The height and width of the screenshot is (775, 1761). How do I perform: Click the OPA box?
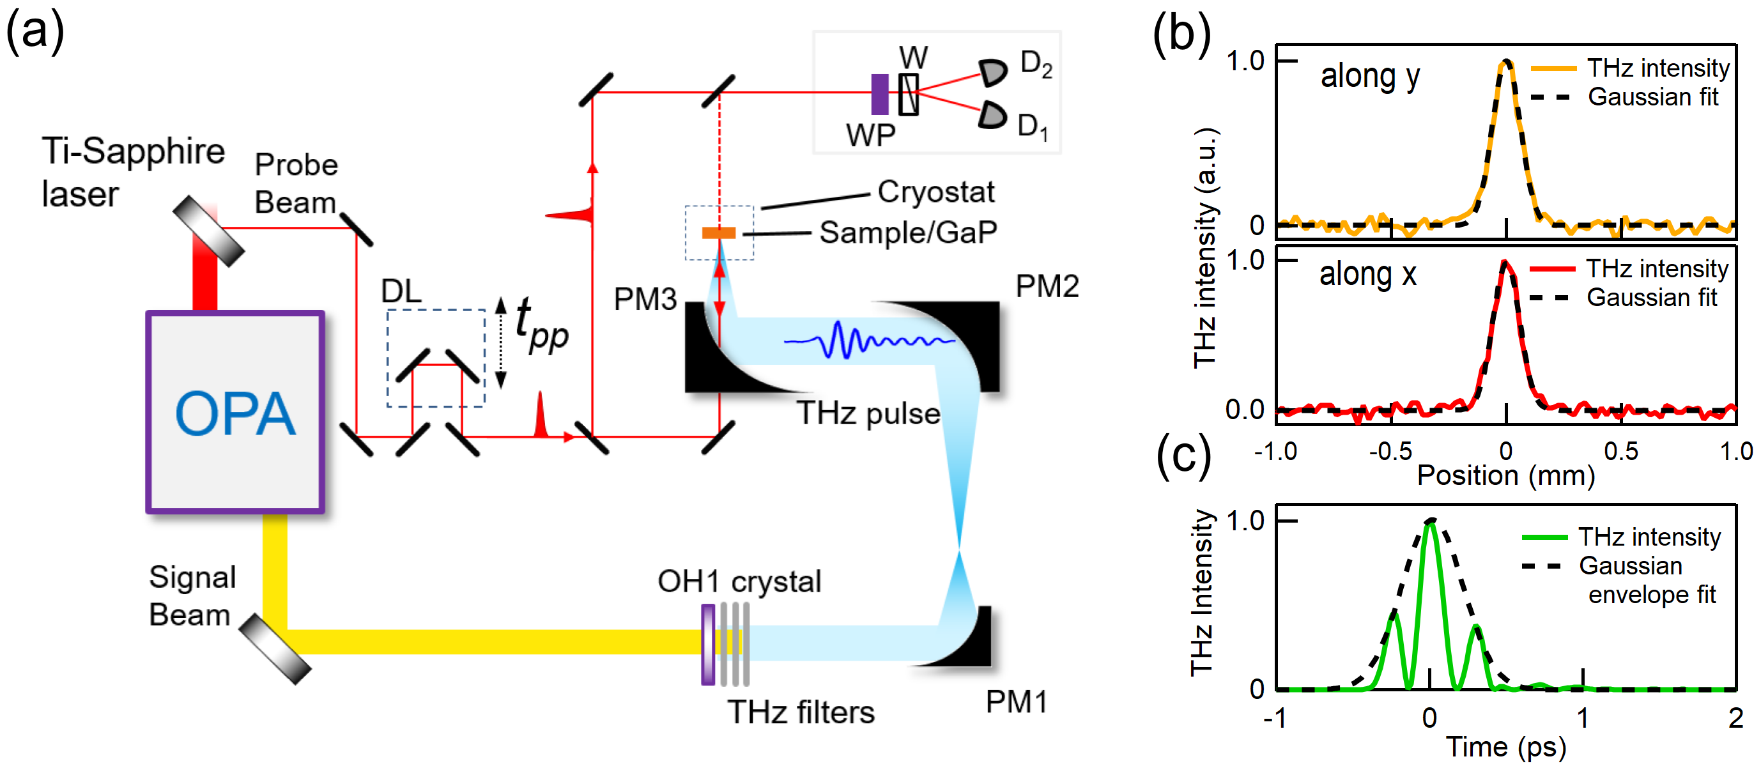(x=235, y=412)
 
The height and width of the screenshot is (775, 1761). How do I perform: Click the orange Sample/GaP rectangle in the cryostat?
(x=718, y=233)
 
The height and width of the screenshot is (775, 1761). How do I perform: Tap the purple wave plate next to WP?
(x=880, y=95)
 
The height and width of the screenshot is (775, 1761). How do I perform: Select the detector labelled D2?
(x=992, y=71)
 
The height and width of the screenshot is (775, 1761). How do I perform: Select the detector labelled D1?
(x=992, y=114)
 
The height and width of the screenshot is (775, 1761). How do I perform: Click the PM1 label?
(x=1016, y=702)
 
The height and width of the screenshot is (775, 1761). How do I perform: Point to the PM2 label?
(x=1047, y=286)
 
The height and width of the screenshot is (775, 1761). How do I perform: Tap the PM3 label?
(x=645, y=298)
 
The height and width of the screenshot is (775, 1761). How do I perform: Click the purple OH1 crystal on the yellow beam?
(x=708, y=645)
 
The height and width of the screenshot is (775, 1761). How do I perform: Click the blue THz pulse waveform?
(x=868, y=340)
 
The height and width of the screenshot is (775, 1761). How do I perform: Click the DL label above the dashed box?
(x=401, y=291)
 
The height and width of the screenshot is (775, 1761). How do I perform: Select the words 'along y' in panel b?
(x=1369, y=76)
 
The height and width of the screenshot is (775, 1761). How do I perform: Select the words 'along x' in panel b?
(x=1367, y=274)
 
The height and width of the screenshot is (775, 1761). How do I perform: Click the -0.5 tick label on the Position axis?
(x=1390, y=451)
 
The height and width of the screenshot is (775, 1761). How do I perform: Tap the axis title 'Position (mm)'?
(x=1505, y=475)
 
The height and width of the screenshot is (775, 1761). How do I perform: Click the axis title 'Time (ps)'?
(x=1505, y=746)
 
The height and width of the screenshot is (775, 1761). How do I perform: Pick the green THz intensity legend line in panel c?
(x=1544, y=538)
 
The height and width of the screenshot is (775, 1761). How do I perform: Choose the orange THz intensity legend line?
(x=1553, y=68)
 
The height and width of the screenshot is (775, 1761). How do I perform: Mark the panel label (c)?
(x=1183, y=456)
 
